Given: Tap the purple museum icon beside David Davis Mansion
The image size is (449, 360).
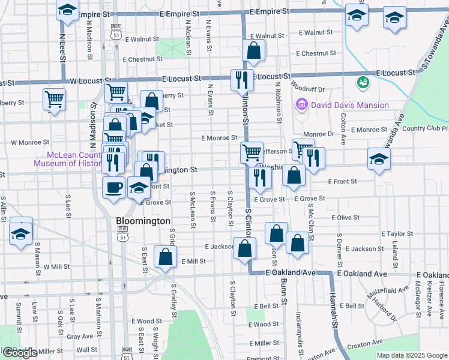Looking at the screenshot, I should click(x=302, y=106).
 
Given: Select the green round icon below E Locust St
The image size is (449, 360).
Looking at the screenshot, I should click(x=363, y=82).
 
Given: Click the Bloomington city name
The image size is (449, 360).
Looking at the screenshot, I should click(x=143, y=221).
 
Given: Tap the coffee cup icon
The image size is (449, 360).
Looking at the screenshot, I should click(x=113, y=188).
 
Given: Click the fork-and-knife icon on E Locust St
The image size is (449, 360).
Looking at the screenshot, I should click(x=242, y=80).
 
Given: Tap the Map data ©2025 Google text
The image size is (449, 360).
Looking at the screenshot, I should click(x=411, y=355).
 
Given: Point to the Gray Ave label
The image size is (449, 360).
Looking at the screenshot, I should click(x=78, y=337).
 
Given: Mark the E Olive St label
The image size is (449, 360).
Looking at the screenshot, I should click(x=345, y=218).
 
